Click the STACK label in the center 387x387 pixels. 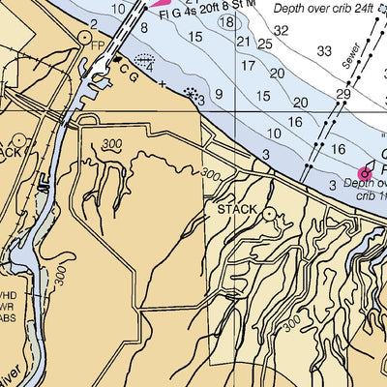point(236,209)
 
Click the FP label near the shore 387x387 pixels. point(97,45)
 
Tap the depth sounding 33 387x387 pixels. point(324,51)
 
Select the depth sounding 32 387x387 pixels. point(281,31)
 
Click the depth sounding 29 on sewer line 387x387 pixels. point(342,94)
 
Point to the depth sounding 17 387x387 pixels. point(248,66)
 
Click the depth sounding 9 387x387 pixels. point(220,94)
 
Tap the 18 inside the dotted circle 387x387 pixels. point(226,21)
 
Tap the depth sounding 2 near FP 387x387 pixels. point(93,22)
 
